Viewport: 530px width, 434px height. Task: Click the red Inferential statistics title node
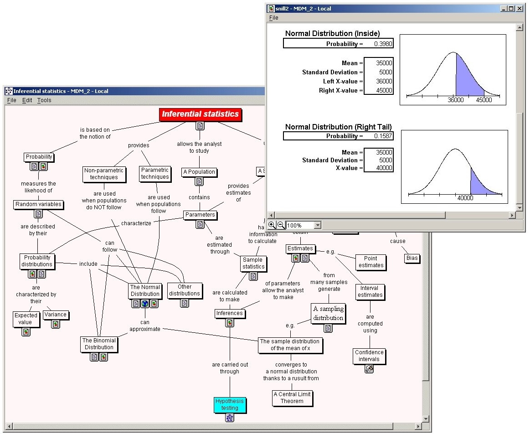pyautogui.click(x=201, y=114)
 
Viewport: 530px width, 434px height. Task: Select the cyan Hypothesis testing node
pyautogui.click(x=230, y=404)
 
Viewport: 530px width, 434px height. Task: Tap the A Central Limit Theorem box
pyautogui.click(x=293, y=398)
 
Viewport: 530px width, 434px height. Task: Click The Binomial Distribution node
pyautogui.click(x=99, y=344)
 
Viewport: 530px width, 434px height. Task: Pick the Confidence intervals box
pyautogui.click(x=369, y=356)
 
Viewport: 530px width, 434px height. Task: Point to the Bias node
pyautogui.click(x=412, y=258)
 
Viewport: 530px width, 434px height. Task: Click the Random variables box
pyautogui.click(x=39, y=205)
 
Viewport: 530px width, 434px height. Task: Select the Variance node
pyautogui.click(x=56, y=315)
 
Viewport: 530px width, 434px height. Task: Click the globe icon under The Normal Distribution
pyautogui.click(x=145, y=304)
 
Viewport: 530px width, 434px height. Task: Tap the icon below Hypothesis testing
pyautogui.click(x=230, y=418)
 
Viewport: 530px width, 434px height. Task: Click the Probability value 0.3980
pyautogui.click(x=383, y=44)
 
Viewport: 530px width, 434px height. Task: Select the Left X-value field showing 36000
pyautogui.click(x=379, y=82)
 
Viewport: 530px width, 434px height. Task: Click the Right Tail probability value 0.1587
pyautogui.click(x=383, y=136)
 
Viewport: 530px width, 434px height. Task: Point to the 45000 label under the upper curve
pyautogui.click(x=484, y=100)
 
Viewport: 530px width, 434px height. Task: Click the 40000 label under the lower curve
pyautogui.click(x=465, y=198)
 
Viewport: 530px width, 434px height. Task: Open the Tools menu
pyautogui.click(x=44, y=100)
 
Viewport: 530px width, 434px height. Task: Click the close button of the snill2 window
pyautogui.click(x=520, y=9)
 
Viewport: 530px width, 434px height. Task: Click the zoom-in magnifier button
pyautogui.click(x=272, y=225)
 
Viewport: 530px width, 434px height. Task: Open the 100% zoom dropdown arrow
pyautogui.click(x=317, y=225)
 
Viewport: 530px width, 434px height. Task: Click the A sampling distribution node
pyautogui.click(x=328, y=313)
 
